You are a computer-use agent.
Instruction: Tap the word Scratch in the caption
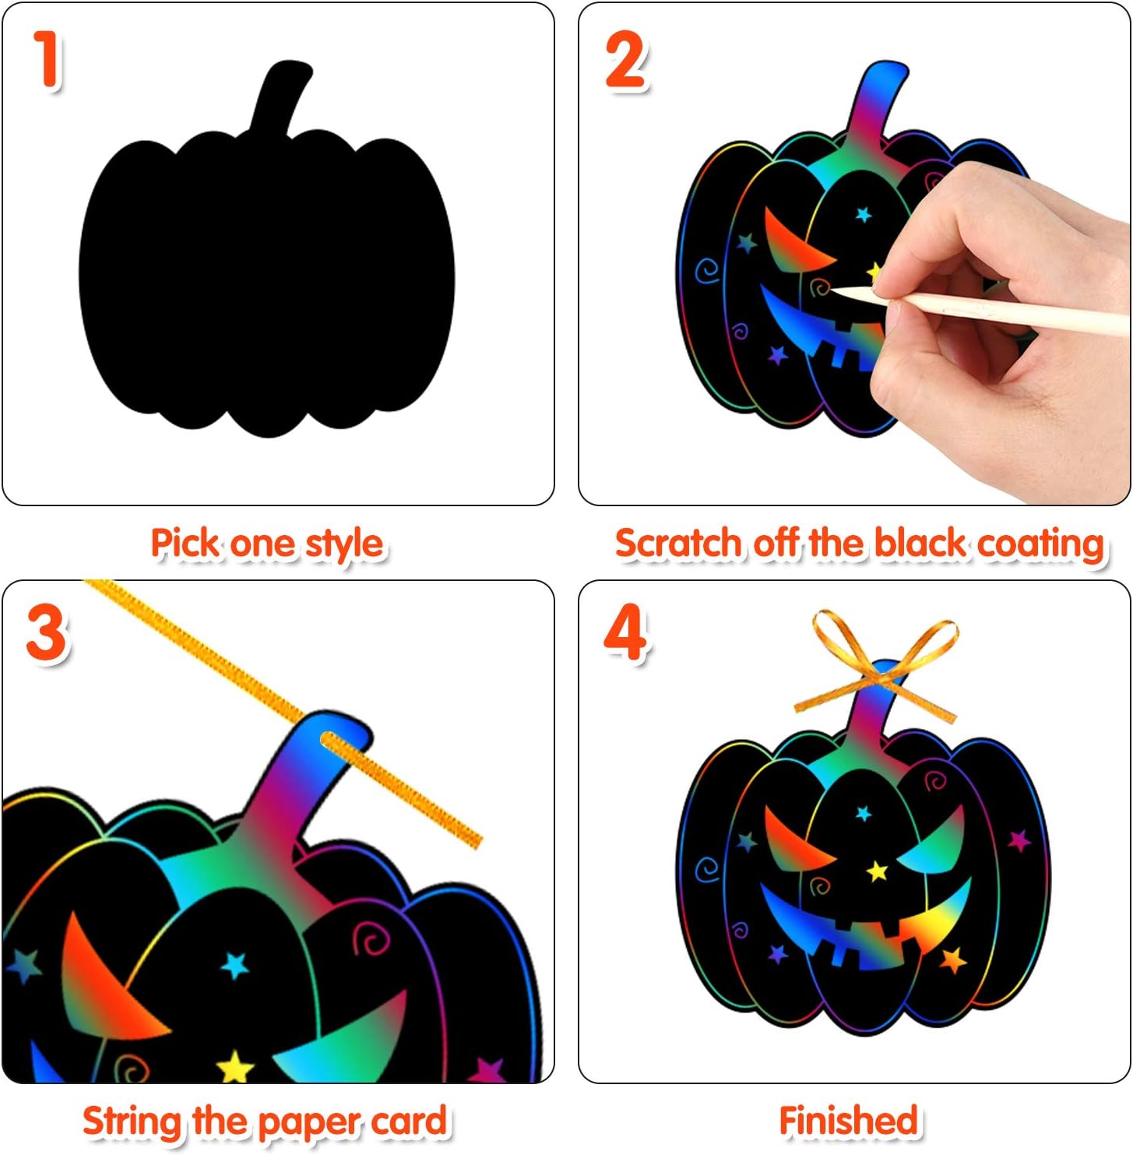click(678, 543)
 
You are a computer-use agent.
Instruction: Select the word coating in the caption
click(1041, 545)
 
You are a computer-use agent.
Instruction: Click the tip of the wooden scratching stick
click(832, 291)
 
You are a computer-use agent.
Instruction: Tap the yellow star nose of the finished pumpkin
click(878, 871)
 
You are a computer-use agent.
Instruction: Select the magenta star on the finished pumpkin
click(1019, 840)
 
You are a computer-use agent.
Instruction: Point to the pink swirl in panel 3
click(371, 940)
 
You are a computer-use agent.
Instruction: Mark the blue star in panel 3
click(234, 966)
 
